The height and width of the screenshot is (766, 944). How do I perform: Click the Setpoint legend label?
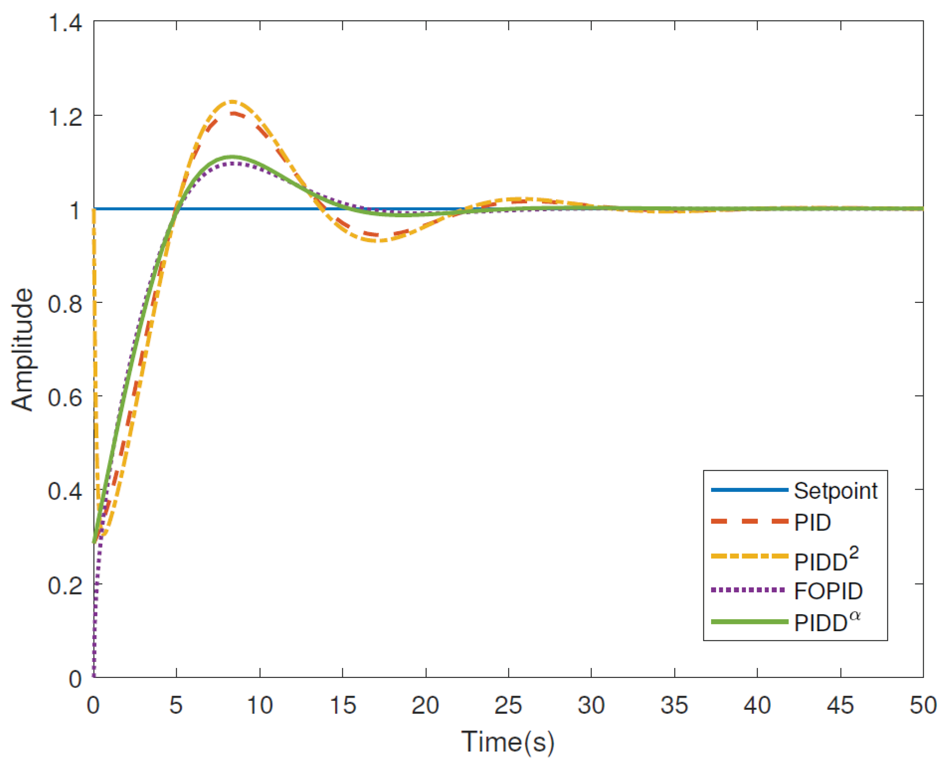coord(835,491)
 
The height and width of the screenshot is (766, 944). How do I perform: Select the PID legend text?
coord(813,522)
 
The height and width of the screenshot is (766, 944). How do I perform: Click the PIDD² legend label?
coord(826,560)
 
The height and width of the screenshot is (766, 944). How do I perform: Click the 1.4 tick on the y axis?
coord(65,23)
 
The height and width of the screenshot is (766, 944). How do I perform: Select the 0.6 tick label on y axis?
coord(65,397)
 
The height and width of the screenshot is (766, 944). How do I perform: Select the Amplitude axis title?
coord(22,349)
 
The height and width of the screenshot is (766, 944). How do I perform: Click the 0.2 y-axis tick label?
coord(65,585)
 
